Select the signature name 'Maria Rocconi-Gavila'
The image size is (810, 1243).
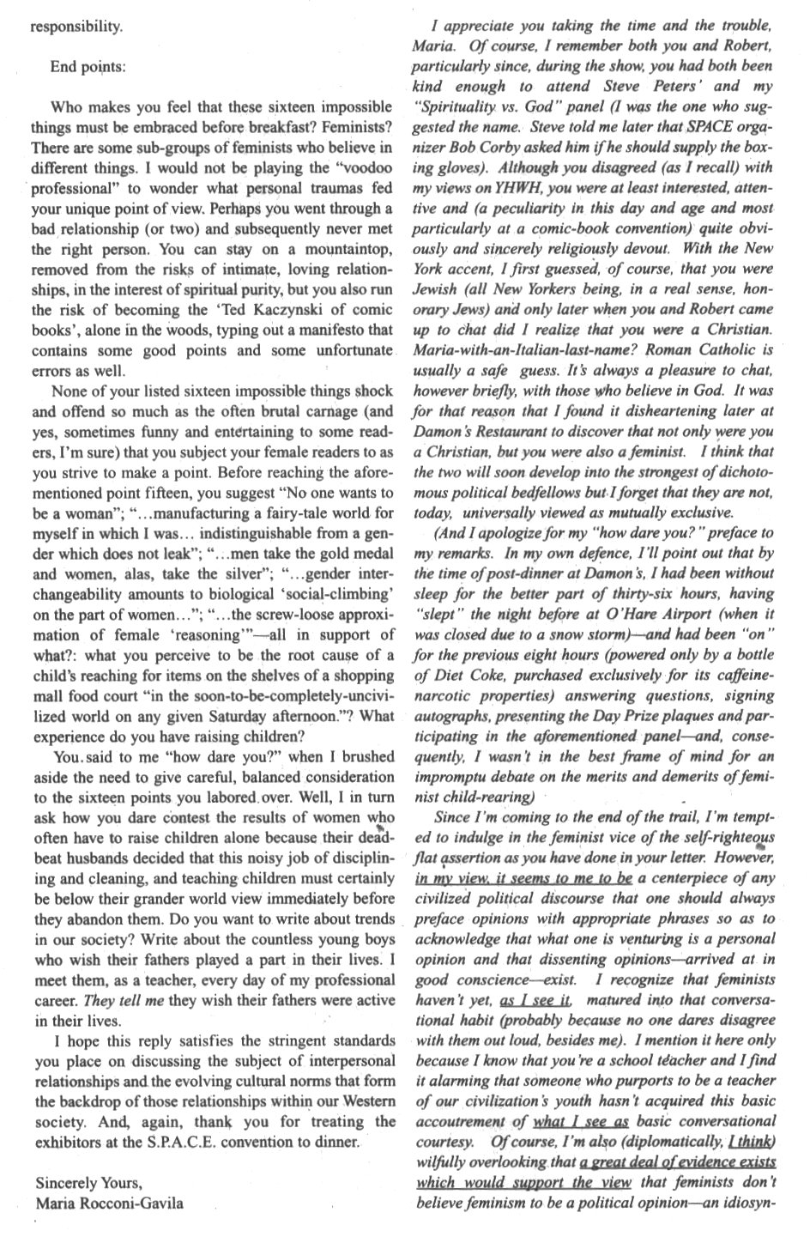coord(109,1203)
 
